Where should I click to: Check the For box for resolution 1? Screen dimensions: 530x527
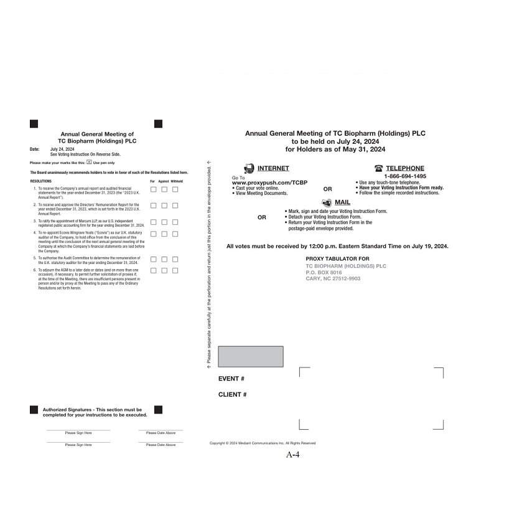coord(153,189)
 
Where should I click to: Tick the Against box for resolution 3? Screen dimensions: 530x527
coord(164,222)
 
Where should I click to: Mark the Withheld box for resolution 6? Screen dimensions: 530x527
coord(175,270)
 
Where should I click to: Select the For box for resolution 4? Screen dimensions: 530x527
coord(153,234)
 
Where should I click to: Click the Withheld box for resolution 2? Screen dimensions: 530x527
coord(175,206)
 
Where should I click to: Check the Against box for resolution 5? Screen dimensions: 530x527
coord(164,258)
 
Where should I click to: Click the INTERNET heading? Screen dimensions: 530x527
coord(273,168)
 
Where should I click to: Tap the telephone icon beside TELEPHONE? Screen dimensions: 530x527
coord(379,168)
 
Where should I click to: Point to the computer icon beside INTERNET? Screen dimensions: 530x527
coord(249,168)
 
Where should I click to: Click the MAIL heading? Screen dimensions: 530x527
coord(342,202)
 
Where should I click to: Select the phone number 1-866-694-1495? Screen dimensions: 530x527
coord(401,176)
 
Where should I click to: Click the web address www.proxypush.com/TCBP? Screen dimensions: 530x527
coord(269,182)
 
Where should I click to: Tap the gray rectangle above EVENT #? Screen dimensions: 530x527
coord(251,356)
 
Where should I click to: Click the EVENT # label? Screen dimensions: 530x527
coord(231,379)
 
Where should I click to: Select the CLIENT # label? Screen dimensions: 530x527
coord(233,395)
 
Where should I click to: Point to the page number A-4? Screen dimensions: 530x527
coord(293,455)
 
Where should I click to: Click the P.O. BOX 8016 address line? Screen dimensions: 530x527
coord(324,272)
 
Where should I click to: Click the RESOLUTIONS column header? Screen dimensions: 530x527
coord(41,181)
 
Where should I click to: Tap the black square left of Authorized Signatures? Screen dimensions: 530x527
coord(34,410)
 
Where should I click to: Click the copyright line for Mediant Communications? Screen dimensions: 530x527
coord(263,443)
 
